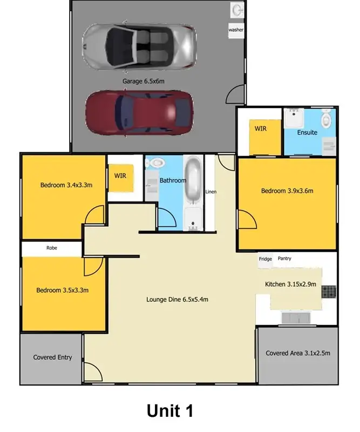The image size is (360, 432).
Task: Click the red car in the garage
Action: coord(139,112)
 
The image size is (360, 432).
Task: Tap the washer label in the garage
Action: coord(236,30)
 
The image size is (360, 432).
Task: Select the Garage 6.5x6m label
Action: coord(142,81)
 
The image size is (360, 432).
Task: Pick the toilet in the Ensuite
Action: coord(327,118)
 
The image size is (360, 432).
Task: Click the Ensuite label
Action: coord(307,132)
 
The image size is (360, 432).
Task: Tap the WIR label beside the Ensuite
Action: coord(261,129)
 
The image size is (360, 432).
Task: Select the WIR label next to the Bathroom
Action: coord(120,175)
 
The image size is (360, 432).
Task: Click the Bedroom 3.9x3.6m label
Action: coord(287,191)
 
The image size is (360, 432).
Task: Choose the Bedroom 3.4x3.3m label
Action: coord(66,185)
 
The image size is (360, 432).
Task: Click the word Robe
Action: coord(51,248)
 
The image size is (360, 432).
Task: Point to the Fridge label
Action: coord(265,259)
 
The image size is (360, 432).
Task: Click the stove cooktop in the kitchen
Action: coord(329,292)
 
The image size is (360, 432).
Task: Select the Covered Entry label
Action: coord(52,357)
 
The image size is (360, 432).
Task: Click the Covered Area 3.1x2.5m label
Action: coord(297,353)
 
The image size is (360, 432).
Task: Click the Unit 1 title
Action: coord(169,411)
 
